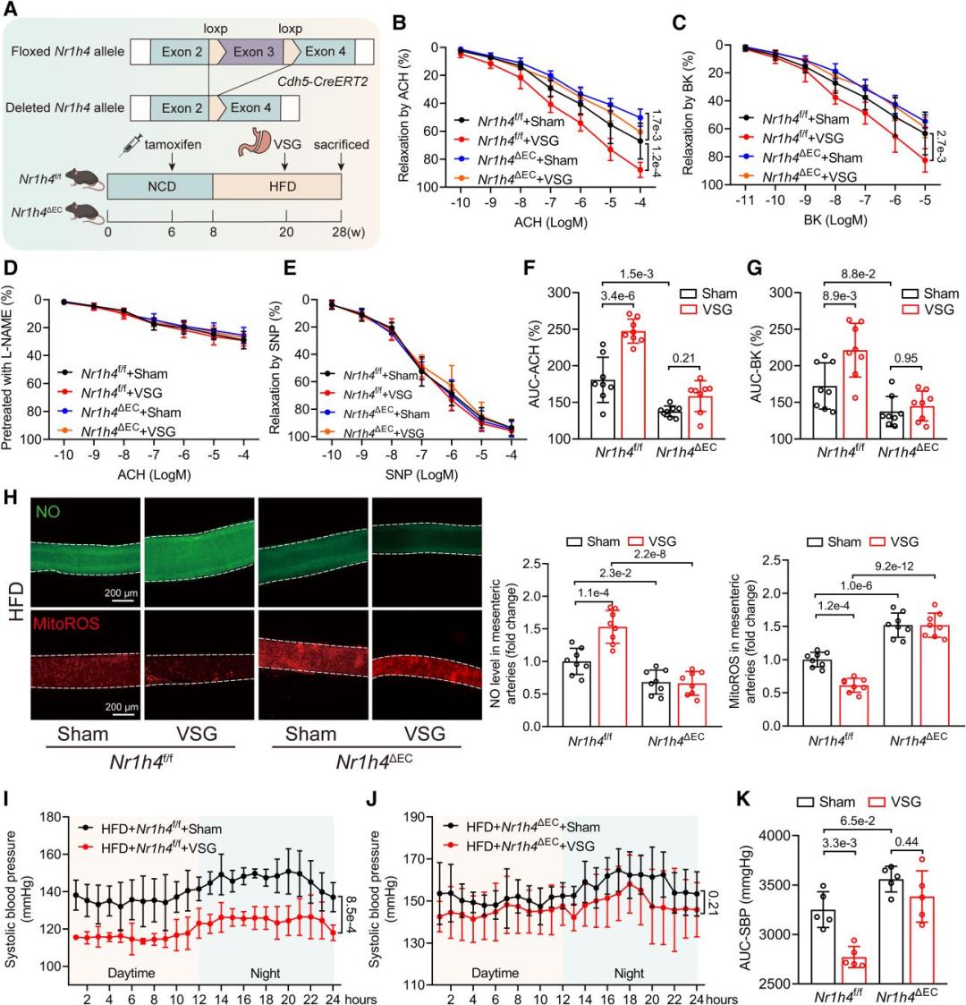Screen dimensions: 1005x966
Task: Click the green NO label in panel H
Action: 47,511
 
